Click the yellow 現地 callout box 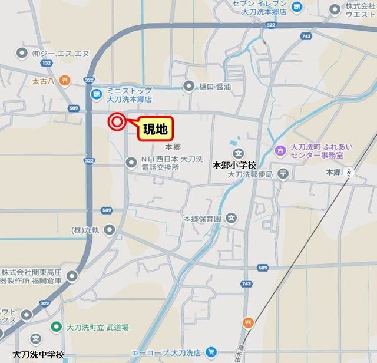pyautogui.click(x=156, y=128)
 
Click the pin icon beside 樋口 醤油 pyautogui.click(x=188, y=87)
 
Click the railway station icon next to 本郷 pyautogui.click(x=351, y=173)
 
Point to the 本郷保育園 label pyautogui.click(x=202, y=218)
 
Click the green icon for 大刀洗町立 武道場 pyautogui.click(x=57, y=326)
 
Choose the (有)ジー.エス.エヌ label pyautogui.click(x=61, y=53)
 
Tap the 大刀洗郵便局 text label pyautogui.click(x=250, y=174)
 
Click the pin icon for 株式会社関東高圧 pyautogui.click(x=72, y=276)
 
